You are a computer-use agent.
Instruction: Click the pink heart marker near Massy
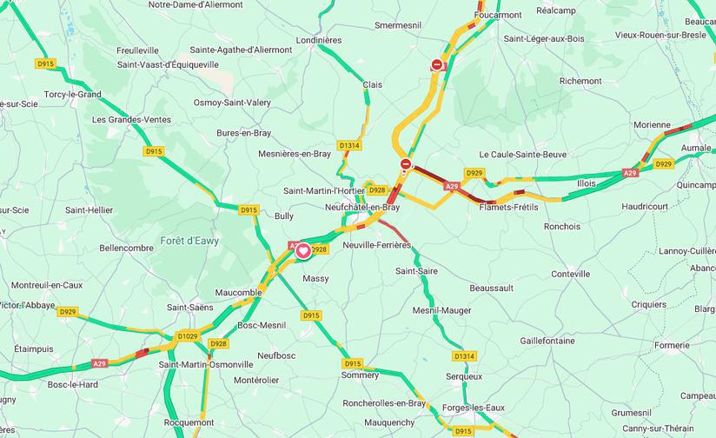[302, 251]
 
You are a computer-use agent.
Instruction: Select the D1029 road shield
[187, 335]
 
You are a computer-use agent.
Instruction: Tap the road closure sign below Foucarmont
[437, 63]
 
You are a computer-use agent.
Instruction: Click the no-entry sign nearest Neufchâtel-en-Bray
[405, 163]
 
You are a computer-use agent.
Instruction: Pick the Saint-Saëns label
[190, 307]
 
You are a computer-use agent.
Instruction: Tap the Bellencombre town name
[127, 248]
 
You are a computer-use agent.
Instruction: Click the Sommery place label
[360, 375]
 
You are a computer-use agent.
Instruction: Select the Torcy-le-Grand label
[72, 94]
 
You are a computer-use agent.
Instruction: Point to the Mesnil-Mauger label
[441, 310]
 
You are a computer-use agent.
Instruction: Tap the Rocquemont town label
[189, 421]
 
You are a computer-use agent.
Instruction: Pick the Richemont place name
[580, 81]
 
